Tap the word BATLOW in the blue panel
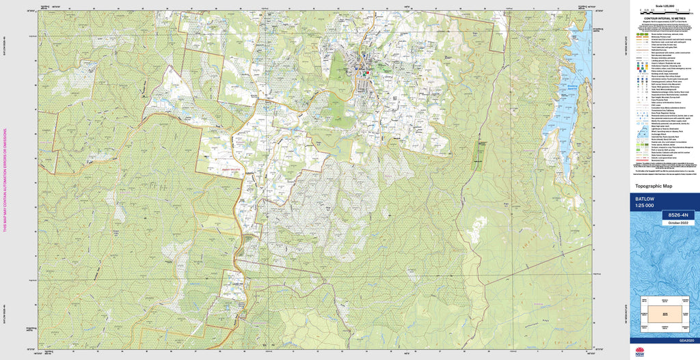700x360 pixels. click(x=645, y=199)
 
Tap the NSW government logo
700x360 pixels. click(x=640, y=352)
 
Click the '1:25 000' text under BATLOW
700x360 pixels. click(x=645, y=206)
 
